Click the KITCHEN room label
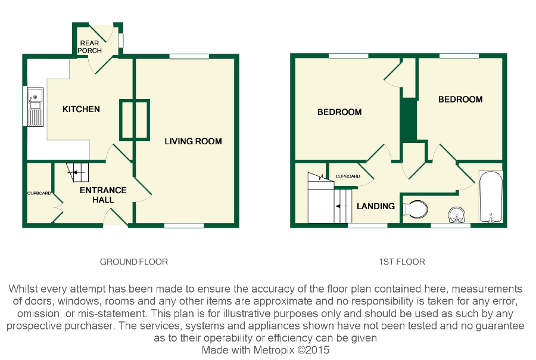pos(81,109)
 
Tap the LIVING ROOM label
pos(193,141)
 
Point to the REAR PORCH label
pos(90,46)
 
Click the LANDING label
pos(375,206)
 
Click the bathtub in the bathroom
pos(491,197)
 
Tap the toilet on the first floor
pos(417,209)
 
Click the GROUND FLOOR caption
pos(133,262)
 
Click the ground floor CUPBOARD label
pos(39,193)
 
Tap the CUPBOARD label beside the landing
pos(347,176)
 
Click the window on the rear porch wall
pos(120,39)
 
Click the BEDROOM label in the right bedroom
pos(460,100)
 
